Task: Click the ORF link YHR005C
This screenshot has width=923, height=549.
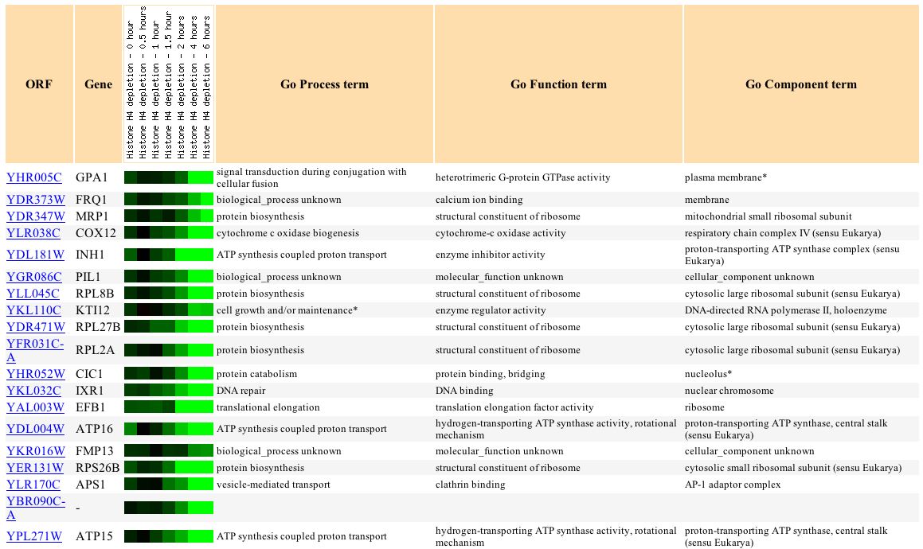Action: (33, 177)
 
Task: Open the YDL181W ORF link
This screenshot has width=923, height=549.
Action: (35, 255)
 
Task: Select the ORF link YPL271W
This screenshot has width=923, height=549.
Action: (34, 536)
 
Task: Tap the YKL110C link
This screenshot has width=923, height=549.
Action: (33, 310)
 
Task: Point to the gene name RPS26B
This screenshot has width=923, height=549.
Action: (97, 468)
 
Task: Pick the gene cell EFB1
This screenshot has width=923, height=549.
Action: (90, 407)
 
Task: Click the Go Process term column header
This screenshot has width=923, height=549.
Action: (324, 84)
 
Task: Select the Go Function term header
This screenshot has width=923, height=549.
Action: (558, 84)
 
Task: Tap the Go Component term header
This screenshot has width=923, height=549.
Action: (800, 84)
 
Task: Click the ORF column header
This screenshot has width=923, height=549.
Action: (38, 84)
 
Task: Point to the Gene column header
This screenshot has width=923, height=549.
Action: (98, 84)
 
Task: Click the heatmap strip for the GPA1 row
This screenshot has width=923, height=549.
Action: (169, 177)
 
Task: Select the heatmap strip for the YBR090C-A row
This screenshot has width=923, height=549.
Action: (169, 508)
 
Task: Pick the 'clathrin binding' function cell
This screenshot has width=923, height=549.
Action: (470, 485)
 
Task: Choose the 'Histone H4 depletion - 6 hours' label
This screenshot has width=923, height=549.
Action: (206, 84)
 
